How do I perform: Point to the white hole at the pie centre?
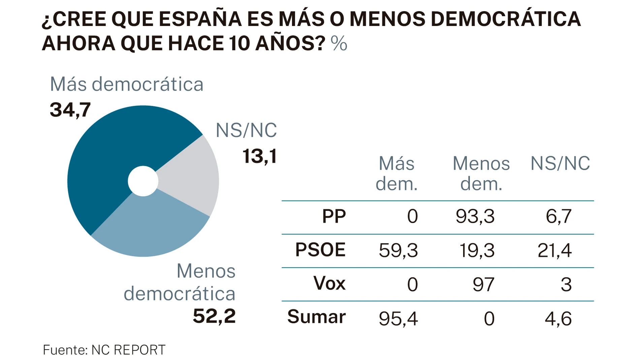(x=143, y=181)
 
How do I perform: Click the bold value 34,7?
(x=70, y=110)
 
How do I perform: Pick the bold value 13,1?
(x=260, y=157)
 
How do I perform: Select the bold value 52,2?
(x=214, y=316)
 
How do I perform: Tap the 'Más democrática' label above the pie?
(x=127, y=84)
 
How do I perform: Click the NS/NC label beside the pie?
(x=246, y=131)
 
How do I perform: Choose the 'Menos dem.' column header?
(x=481, y=174)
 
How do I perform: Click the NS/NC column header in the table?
(x=560, y=164)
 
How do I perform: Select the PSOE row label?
(x=320, y=250)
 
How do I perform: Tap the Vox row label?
(x=329, y=284)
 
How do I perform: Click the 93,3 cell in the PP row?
(x=475, y=217)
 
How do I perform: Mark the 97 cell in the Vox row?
(x=483, y=285)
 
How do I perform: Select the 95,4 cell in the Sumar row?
(x=398, y=319)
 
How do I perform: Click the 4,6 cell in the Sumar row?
(x=558, y=319)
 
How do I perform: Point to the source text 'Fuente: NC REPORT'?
(x=104, y=350)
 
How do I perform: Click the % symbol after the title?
(x=339, y=44)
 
